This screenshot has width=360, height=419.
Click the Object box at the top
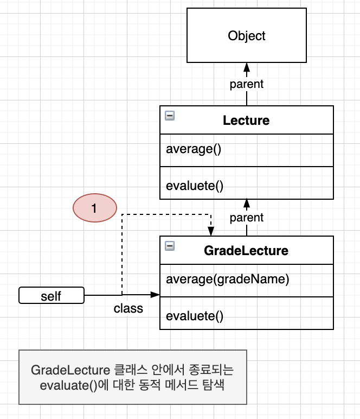(x=247, y=35)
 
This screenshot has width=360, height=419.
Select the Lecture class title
(x=246, y=120)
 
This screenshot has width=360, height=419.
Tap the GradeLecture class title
(x=246, y=251)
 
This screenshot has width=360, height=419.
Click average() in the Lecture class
(x=194, y=149)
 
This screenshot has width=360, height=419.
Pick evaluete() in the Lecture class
(x=195, y=186)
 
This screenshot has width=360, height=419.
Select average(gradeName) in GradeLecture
(x=228, y=280)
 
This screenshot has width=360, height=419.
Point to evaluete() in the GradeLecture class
(x=195, y=316)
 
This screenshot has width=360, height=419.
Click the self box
(x=52, y=295)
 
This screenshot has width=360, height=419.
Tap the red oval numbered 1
(x=95, y=208)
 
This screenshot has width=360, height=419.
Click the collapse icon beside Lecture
(x=170, y=116)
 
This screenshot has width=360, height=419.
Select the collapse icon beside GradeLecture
(x=170, y=246)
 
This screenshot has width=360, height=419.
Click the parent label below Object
(x=247, y=84)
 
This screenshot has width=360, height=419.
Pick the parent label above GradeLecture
(x=247, y=218)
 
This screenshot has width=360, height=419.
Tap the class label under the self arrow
(x=128, y=308)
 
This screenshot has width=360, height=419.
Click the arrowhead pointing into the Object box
(x=247, y=67)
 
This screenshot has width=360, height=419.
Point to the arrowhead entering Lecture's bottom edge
(x=247, y=204)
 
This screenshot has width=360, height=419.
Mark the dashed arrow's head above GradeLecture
(x=211, y=231)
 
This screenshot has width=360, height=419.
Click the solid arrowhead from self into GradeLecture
(x=155, y=295)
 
